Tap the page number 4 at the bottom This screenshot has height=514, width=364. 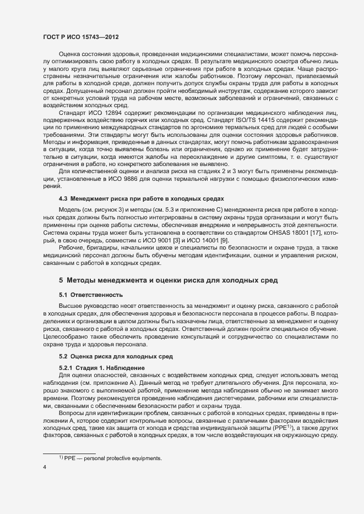point(45,467)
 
